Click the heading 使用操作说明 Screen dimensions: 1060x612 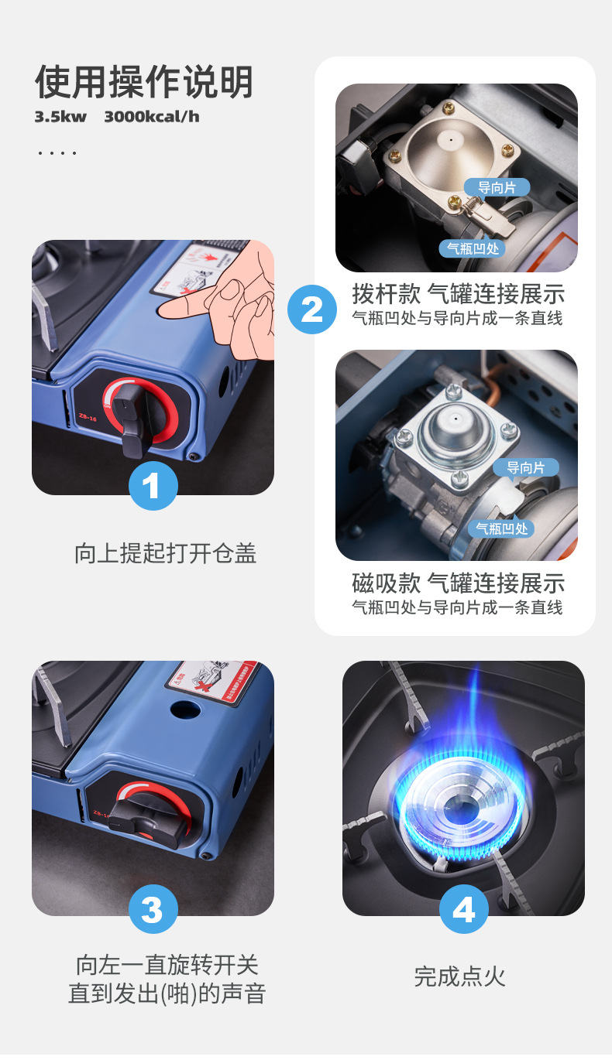click(x=144, y=82)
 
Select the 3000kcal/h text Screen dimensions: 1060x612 click(x=152, y=117)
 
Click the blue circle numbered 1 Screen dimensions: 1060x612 click(x=153, y=486)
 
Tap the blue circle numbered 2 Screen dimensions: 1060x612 click(x=311, y=309)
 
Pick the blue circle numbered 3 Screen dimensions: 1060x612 click(x=153, y=909)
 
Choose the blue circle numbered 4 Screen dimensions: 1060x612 click(x=463, y=909)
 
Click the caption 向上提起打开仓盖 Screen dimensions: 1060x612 click(x=165, y=553)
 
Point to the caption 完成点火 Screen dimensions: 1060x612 click(x=459, y=976)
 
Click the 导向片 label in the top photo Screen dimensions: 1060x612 click(x=497, y=187)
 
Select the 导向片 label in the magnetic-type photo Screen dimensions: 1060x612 click(x=525, y=467)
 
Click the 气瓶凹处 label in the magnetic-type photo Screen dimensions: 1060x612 click(x=501, y=528)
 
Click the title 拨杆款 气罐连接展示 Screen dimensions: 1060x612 click(x=458, y=294)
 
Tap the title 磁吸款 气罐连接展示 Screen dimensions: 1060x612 click(x=458, y=583)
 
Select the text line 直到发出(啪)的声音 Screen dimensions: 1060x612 click(x=167, y=994)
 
